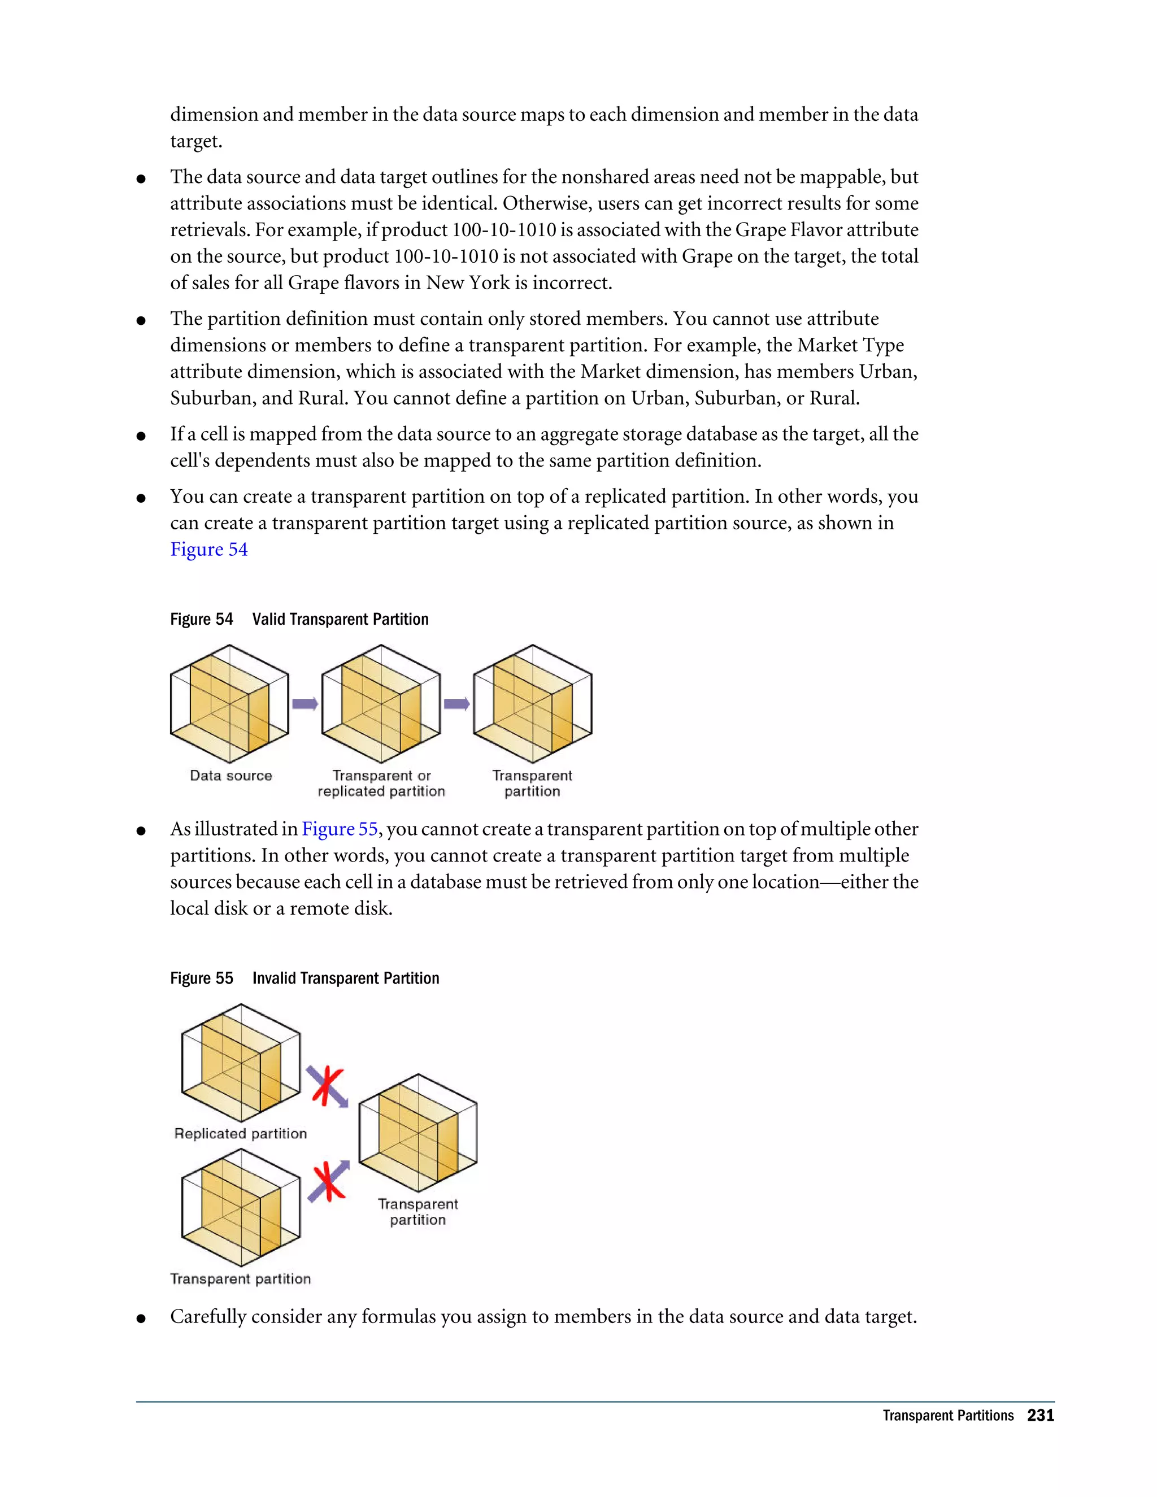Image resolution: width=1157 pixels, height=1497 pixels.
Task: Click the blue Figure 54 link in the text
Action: pos(208,550)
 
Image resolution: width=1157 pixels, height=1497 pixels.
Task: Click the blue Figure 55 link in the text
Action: pos(340,829)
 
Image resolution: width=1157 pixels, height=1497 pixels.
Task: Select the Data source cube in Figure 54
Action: pos(229,704)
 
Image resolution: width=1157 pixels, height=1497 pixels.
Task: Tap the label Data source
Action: pos(231,776)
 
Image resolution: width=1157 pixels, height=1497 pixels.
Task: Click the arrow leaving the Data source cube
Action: pos(305,704)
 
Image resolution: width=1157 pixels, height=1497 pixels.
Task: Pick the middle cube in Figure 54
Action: pos(381,704)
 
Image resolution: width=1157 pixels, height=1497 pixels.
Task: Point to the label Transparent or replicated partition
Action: pos(381,784)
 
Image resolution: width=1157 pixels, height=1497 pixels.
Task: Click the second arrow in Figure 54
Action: pos(456,704)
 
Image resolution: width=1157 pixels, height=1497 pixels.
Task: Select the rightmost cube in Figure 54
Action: pos(533,704)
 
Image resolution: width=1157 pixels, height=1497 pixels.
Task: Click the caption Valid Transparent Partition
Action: pos(340,620)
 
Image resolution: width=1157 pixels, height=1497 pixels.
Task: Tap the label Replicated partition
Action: pos(241,1134)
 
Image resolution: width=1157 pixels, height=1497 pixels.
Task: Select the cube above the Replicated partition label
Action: pos(241,1063)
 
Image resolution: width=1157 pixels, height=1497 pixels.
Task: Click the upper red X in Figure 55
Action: pos(327,1086)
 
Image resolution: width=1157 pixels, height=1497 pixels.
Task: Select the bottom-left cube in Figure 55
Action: pos(241,1208)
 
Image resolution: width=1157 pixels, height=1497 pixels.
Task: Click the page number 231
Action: pos(1040,1416)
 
